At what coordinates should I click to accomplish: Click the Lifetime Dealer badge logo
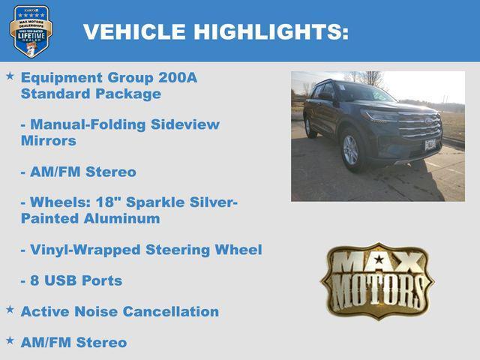(x=31, y=31)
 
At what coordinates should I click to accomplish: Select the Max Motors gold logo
(x=377, y=280)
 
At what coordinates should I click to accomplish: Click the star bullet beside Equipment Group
(x=10, y=76)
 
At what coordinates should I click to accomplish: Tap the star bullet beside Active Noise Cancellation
(x=10, y=309)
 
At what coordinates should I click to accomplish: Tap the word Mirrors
(x=49, y=140)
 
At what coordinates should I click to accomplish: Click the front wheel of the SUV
(x=350, y=149)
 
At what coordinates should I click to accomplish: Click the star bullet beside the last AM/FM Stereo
(x=10, y=340)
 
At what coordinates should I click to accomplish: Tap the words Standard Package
(x=91, y=94)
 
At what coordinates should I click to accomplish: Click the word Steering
(x=183, y=250)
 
